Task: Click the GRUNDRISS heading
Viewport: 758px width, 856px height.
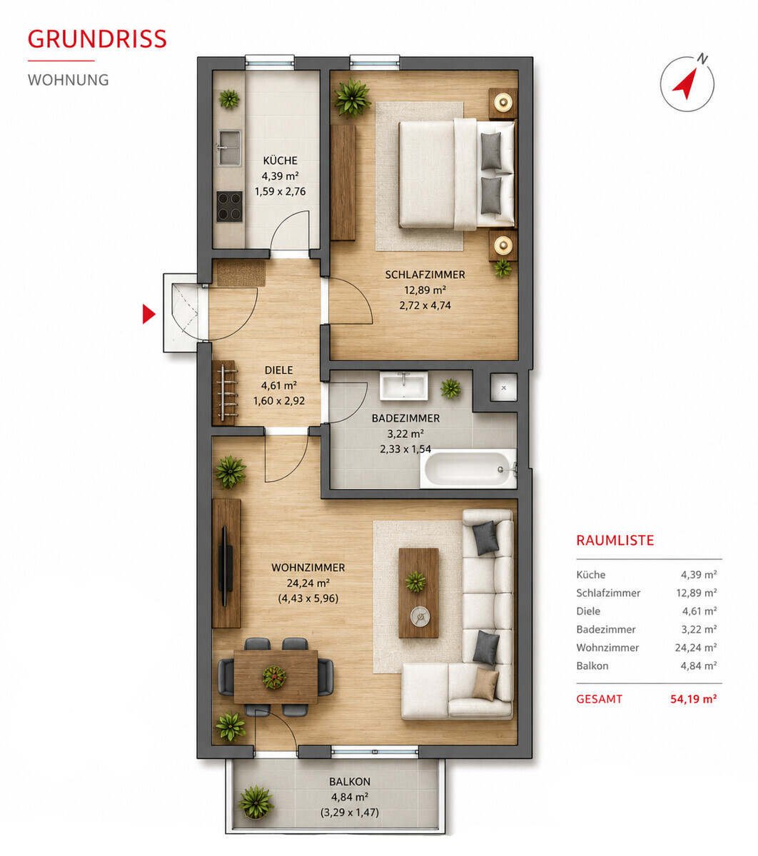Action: pyautogui.click(x=97, y=39)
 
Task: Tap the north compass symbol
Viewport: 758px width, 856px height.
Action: pyautogui.click(x=687, y=83)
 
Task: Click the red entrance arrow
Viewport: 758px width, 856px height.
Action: pyautogui.click(x=148, y=314)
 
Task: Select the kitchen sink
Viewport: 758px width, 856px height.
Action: pyautogui.click(x=229, y=148)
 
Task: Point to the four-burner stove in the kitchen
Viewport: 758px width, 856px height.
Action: pyautogui.click(x=230, y=206)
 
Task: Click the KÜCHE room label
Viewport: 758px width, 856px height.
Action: pyautogui.click(x=280, y=160)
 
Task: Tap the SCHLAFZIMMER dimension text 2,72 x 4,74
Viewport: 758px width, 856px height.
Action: pyautogui.click(x=425, y=305)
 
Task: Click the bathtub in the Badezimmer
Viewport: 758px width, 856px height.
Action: pyautogui.click(x=468, y=468)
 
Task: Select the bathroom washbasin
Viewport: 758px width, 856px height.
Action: pyautogui.click(x=403, y=385)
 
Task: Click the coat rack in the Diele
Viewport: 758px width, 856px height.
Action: pyautogui.click(x=225, y=393)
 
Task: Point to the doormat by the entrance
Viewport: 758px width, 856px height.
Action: pyautogui.click(x=241, y=273)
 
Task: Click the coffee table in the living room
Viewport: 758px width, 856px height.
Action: pyautogui.click(x=418, y=593)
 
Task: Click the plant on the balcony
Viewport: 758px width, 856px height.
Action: pyautogui.click(x=256, y=802)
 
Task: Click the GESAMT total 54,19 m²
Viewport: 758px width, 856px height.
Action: pyautogui.click(x=693, y=699)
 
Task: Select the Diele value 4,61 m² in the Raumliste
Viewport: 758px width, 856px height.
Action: pyautogui.click(x=699, y=611)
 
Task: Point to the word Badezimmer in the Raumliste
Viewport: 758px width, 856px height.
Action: pyautogui.click(x=606, y=629)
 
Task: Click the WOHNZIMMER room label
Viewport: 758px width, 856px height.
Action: pyautogui.click(x=308, y=567)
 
